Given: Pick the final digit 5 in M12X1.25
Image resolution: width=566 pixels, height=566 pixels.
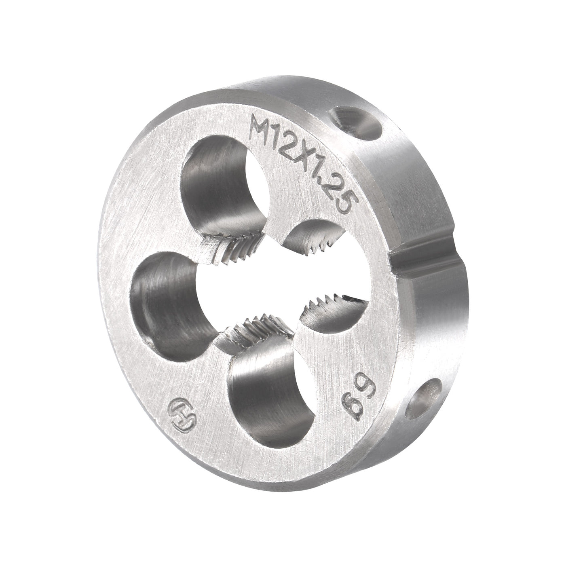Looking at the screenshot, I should (x=340, y=204).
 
